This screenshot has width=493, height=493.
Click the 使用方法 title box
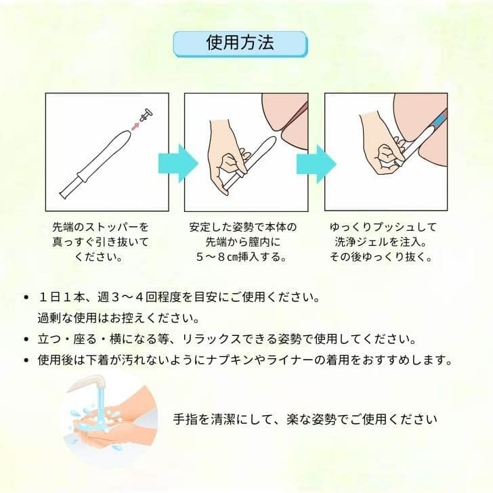(240, 43)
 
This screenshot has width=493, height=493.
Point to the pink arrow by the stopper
(136, 124)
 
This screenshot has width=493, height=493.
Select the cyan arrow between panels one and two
(177, 163)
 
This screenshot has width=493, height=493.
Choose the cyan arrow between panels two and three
(316, 163)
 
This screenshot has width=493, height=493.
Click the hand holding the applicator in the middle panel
(227, 166)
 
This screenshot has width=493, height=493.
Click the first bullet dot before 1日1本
(26, 297)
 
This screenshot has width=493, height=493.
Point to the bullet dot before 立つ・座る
(26, 339)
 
